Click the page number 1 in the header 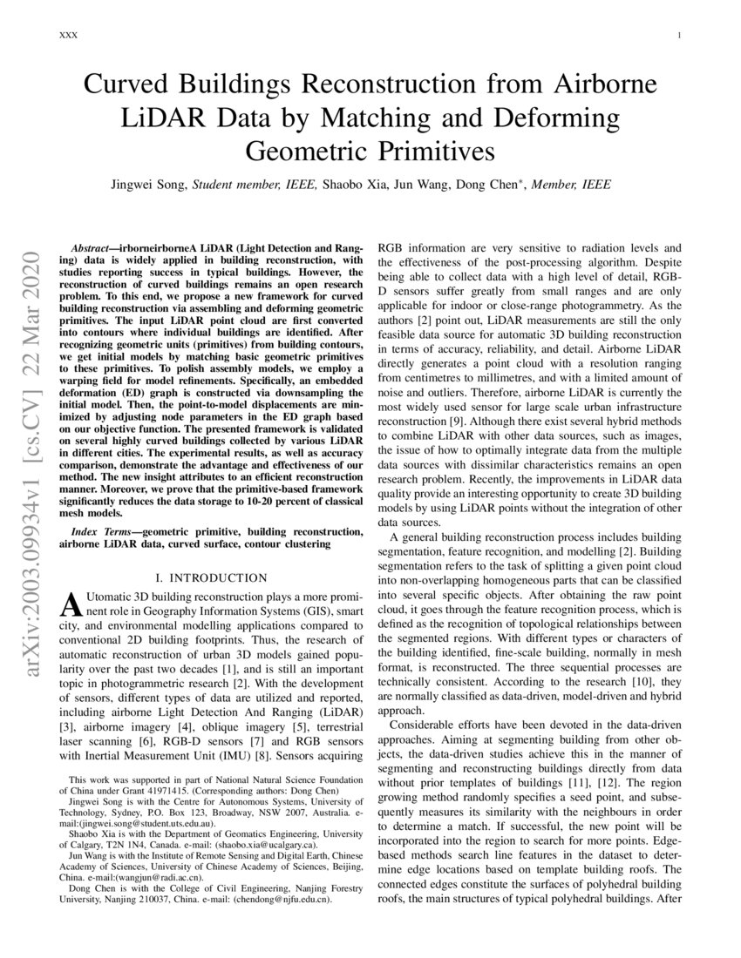(x=678, y=36)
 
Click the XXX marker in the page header (x=68, y=36)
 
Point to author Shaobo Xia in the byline (x=356, y=185)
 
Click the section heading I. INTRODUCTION (x=210, y=577)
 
